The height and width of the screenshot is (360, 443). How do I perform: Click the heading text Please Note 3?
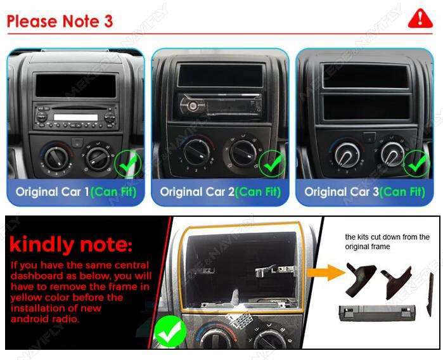60,21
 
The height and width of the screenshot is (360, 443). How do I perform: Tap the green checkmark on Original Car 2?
273,165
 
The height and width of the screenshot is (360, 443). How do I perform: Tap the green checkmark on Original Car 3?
416,165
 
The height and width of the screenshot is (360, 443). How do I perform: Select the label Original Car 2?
197,191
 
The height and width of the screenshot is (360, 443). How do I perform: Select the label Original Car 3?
342,191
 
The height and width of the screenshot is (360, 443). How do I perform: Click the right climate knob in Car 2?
243,153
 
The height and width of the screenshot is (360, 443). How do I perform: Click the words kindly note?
70,245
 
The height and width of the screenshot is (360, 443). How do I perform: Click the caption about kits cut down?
387,241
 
